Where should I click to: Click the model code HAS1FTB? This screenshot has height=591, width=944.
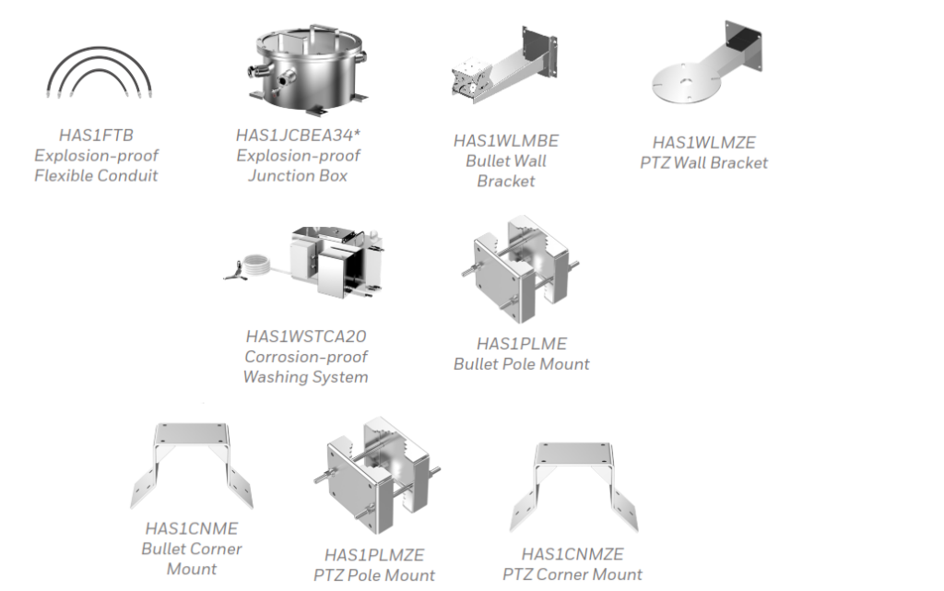pyautogui.click(x=96, y=136)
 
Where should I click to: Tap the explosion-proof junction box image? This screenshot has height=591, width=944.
pyautogui.click(x=308, y=70)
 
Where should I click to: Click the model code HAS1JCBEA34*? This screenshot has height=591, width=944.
pyautogui.click(x=298, y=136)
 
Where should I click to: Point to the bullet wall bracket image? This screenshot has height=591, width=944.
pyautogui.click(x=504, y=65)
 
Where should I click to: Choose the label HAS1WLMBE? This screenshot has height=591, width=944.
pyautogui.click(x=506, y=141)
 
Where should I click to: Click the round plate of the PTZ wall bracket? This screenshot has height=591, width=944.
pyautogui.click(x=686, y=83)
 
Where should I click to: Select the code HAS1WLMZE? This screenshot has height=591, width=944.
pyautogui.click(x=703, y=143)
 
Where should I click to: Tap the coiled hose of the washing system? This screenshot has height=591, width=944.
pyautogui.click(x=256, y=266)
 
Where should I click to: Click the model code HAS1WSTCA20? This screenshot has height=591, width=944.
pyautogui.click(x=306, y=337)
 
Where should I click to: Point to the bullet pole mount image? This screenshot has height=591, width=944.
pyautogui.click(x=521, y=268)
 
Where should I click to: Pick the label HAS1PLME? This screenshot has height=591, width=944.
pyautogui.click(x=522, y=344)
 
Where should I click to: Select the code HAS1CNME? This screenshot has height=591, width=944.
pyautogui.click(x=192, y=528)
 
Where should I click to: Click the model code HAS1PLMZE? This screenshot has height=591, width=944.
pyautogui.click(x=374, y=555)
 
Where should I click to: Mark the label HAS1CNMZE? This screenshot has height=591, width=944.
pyautogui.click(x=572, y=554)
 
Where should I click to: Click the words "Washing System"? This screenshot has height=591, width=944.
pyautogui.click(x=305, y=377)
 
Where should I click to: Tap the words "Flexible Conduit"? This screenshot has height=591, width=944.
pyautogui.click(x=96, y=176)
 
